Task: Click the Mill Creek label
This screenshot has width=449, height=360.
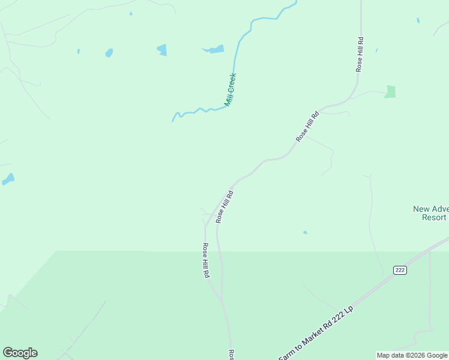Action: tap(231, 90)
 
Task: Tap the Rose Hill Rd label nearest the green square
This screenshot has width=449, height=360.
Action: tap(360, 55)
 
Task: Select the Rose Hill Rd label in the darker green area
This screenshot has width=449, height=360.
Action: tap(205, 260)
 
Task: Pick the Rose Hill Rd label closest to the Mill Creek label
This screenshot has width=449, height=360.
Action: tap(307, 126)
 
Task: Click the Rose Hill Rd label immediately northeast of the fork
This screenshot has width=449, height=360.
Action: tap(224, 207)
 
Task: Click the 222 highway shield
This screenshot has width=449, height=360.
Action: tap(400, 270)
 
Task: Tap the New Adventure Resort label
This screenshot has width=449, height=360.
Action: tap(430, 213)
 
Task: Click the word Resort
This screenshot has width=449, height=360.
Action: tap(434, 217)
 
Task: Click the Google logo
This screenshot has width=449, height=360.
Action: tap(20, 353)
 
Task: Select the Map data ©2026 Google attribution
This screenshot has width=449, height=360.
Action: tap(412, 355)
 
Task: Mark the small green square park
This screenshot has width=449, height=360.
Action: tap(390, 92)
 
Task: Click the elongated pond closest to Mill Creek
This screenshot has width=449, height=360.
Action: tap(213, 49)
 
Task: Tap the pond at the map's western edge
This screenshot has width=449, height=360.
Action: tap(8, 179)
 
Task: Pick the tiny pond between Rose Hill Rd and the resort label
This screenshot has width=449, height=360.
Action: tap(305, 232)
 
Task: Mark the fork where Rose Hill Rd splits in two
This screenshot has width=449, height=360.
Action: tap(206, 226)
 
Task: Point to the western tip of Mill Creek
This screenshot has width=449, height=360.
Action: tap(173, 121)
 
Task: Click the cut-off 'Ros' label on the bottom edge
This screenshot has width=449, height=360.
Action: tap(230, 355)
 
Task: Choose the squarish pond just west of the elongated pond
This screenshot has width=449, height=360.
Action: tap(161, 49)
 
